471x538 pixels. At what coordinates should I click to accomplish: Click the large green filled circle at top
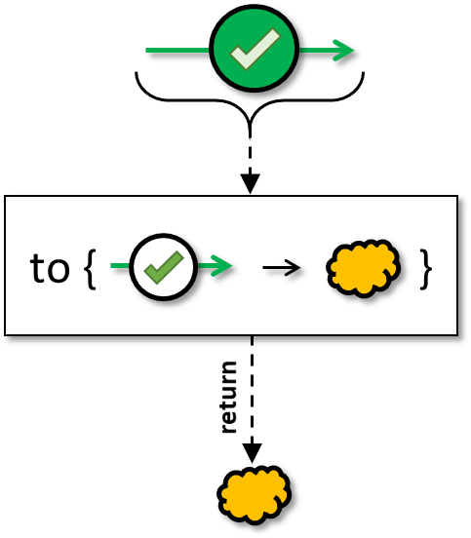coord(255,49)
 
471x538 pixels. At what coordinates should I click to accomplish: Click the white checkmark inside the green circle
coord(255,49)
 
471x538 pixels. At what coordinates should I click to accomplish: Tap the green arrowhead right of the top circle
coord(344,51)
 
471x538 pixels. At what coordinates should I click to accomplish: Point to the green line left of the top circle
coord(177,51)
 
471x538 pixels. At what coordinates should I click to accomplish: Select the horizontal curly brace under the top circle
coord(250,100)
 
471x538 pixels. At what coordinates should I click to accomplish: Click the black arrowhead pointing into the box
coord(251,183)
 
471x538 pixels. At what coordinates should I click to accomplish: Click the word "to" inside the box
coord(50,268)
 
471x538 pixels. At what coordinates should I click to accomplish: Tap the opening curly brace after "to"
coord(90,269)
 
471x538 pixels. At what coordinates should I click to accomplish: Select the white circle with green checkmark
coord(164,267)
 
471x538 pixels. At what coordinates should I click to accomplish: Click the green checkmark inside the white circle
coord(164,268)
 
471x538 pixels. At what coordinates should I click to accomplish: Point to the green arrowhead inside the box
coord(221,265)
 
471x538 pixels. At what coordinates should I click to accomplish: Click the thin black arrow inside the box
coord(282,267)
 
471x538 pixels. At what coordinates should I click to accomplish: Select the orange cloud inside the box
coord(363,268)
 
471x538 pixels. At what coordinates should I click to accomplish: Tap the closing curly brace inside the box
coord(426,269)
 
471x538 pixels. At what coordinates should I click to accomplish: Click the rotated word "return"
coord(229,397)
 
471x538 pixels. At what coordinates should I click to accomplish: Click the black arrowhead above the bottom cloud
coord(253,453)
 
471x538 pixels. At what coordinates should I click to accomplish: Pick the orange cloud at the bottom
coord(255,494)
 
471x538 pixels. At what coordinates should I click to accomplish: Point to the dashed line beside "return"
coord(253,390)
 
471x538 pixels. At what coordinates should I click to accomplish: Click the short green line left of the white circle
coord(120,265)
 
